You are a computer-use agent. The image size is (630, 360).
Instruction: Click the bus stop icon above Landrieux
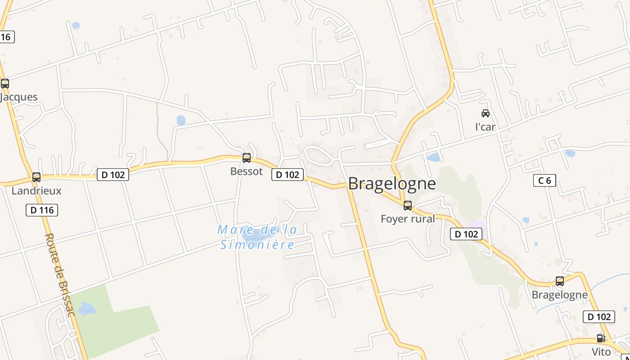(36, 177)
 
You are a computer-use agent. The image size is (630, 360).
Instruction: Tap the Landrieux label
(36, 191)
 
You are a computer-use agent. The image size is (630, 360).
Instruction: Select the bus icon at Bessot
(247, 158)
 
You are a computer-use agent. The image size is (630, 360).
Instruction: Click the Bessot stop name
(247, 171)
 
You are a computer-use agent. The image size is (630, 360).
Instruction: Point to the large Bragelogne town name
(392, 184)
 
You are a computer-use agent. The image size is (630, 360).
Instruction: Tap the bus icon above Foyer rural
(408, 206)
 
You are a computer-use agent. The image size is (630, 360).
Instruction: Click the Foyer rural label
(408, 219)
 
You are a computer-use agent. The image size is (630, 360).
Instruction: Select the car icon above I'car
(486, 113)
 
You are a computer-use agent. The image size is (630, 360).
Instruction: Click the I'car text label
(486, 127)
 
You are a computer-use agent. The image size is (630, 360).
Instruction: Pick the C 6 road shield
(544, 181)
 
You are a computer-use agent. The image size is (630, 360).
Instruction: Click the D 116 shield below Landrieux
(42, 210)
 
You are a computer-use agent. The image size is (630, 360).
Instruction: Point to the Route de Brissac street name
(59, 274)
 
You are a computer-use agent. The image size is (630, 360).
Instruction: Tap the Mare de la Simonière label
(257, 237)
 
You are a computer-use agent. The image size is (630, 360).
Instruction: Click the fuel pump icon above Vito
(601, 338)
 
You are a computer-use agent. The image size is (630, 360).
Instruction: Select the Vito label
(601, 352)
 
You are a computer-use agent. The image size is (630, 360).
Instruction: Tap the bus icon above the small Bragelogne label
(560, 281)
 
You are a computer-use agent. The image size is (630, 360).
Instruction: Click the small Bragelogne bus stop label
(560, 295)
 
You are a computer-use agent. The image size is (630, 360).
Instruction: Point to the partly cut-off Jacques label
(19, 97)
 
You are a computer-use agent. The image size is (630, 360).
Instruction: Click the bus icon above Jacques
(5, 84)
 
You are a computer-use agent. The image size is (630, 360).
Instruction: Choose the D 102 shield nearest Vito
(599, 317)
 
